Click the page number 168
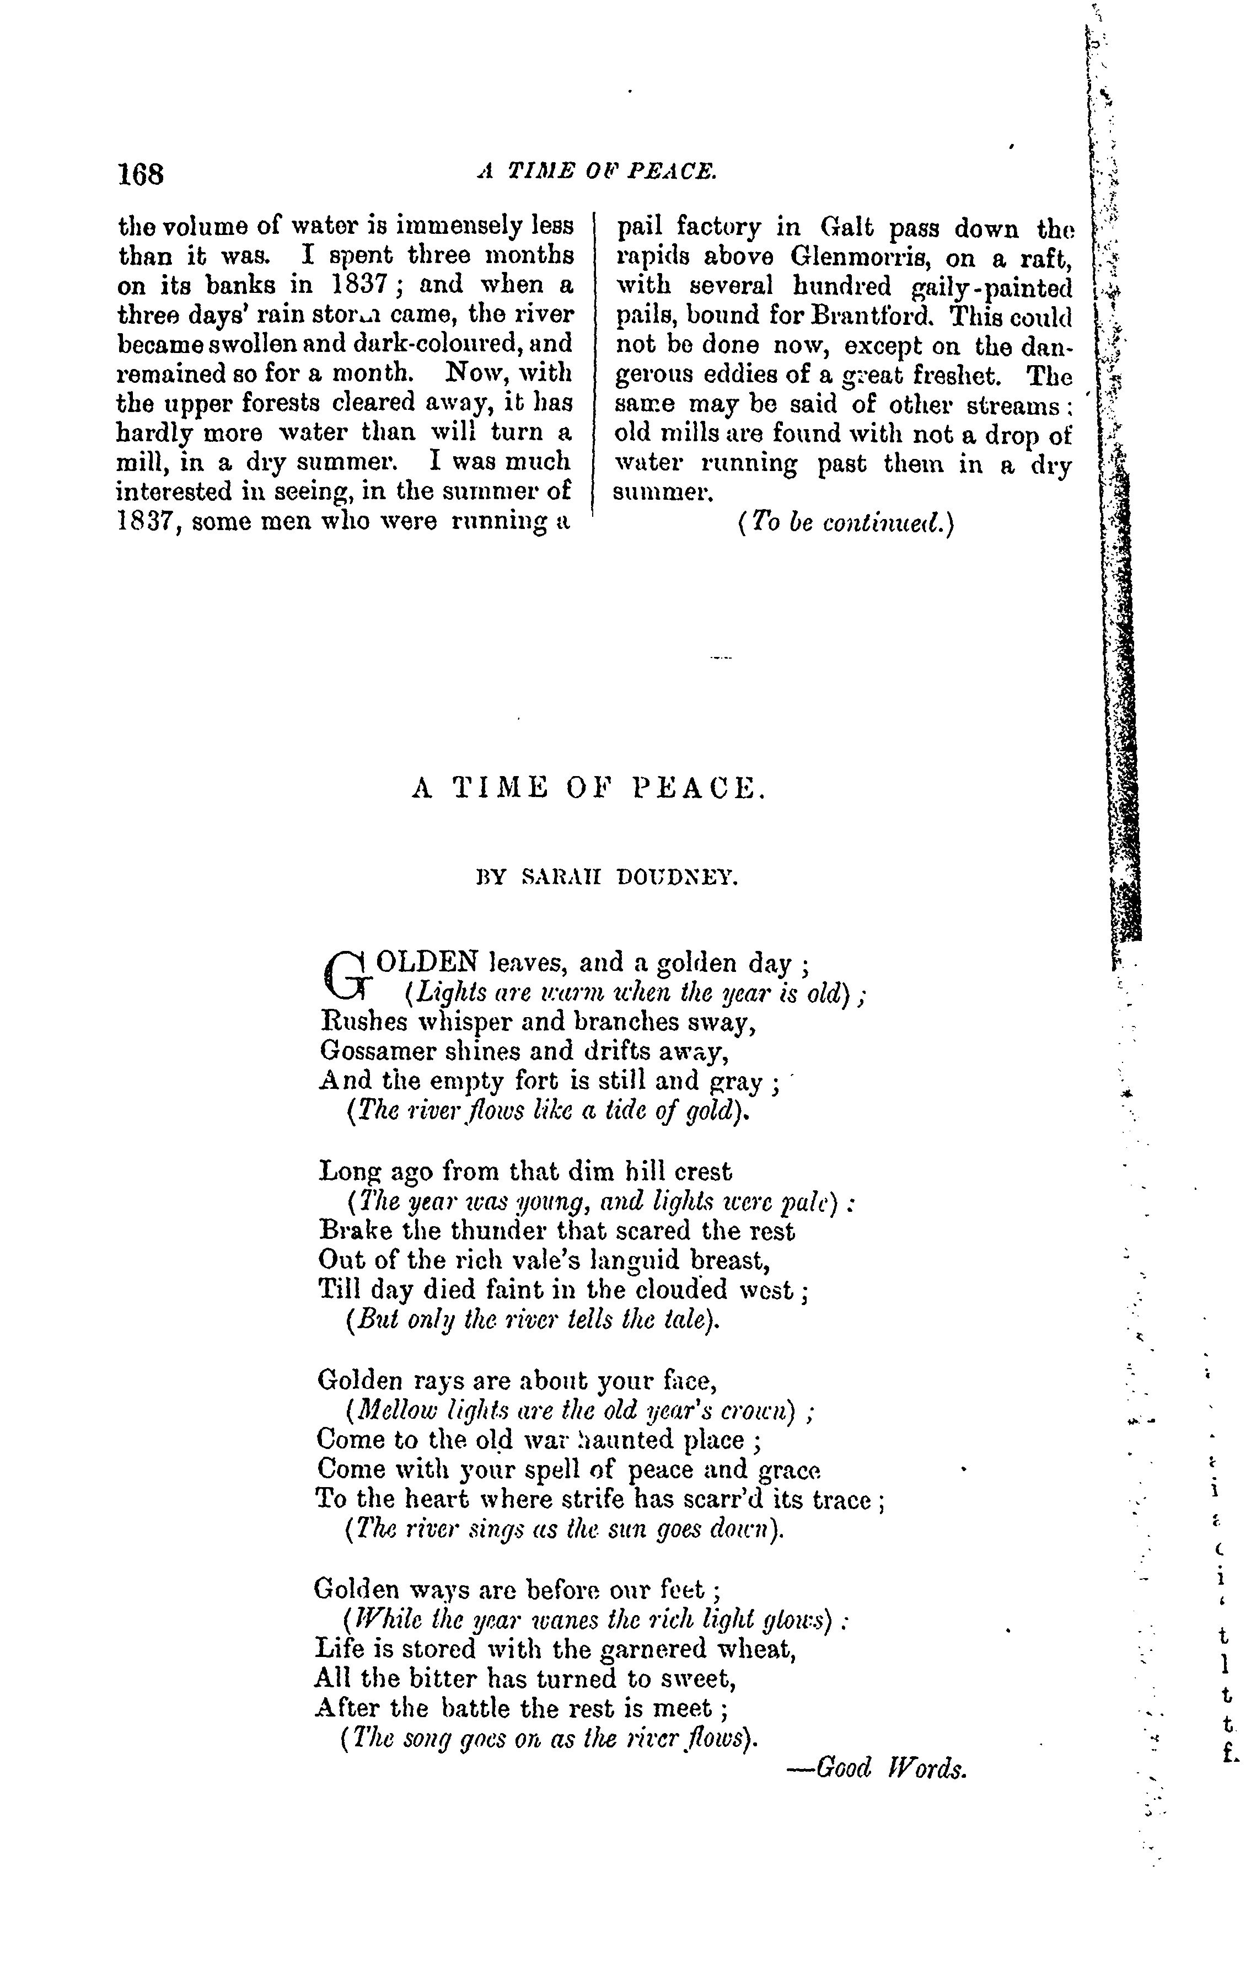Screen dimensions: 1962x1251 pyautogui.click(x=141, y=174)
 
